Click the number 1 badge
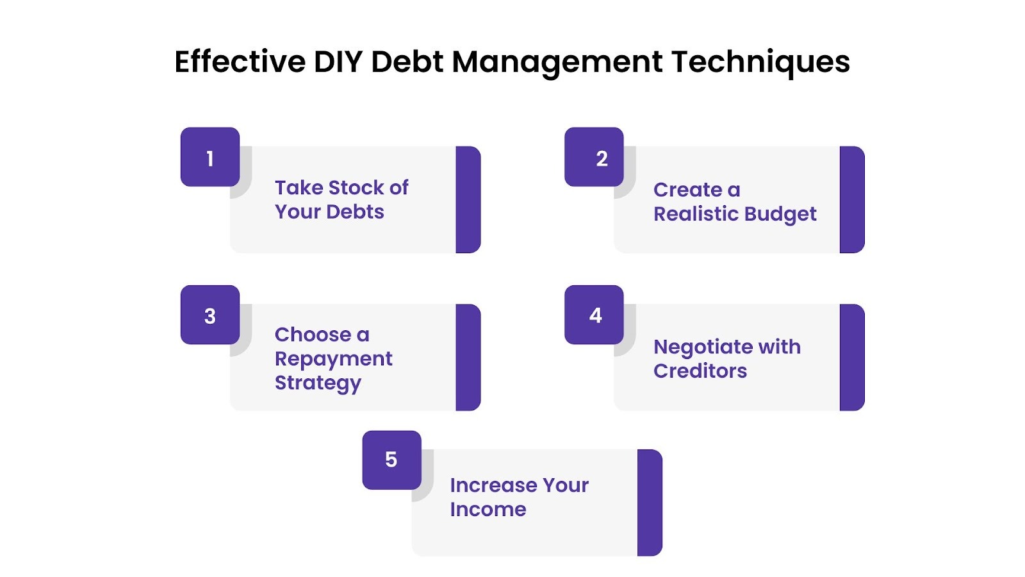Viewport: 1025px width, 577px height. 210,157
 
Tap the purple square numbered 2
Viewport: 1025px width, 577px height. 594,157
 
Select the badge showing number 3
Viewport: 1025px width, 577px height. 210,315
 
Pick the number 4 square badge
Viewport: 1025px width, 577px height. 594,315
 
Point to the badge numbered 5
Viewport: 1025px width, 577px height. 391,460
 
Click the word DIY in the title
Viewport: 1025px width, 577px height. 338,62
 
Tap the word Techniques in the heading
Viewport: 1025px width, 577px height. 760,62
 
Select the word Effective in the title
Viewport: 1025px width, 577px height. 240,62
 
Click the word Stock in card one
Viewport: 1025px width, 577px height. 356,188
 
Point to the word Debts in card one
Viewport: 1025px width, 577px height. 356,212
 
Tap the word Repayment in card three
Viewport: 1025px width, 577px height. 333,359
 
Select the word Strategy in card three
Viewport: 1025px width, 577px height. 318,383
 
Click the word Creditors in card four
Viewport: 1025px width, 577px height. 700,371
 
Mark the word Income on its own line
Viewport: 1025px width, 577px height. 488,510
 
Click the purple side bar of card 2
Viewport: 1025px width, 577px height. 852,199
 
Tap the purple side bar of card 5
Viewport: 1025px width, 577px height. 650,503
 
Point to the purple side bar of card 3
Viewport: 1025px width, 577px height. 468,357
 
